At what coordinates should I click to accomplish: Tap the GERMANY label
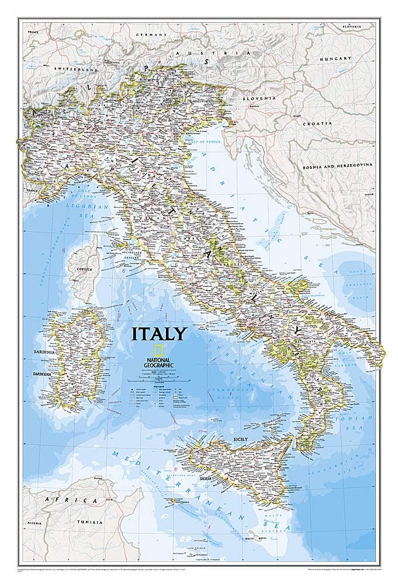click(x=151, y=35)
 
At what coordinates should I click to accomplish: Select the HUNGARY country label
click(x=335, y=58)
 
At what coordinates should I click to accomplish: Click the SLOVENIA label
click(x=259, y=98)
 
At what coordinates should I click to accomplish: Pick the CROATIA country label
click(x=317, y=124)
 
